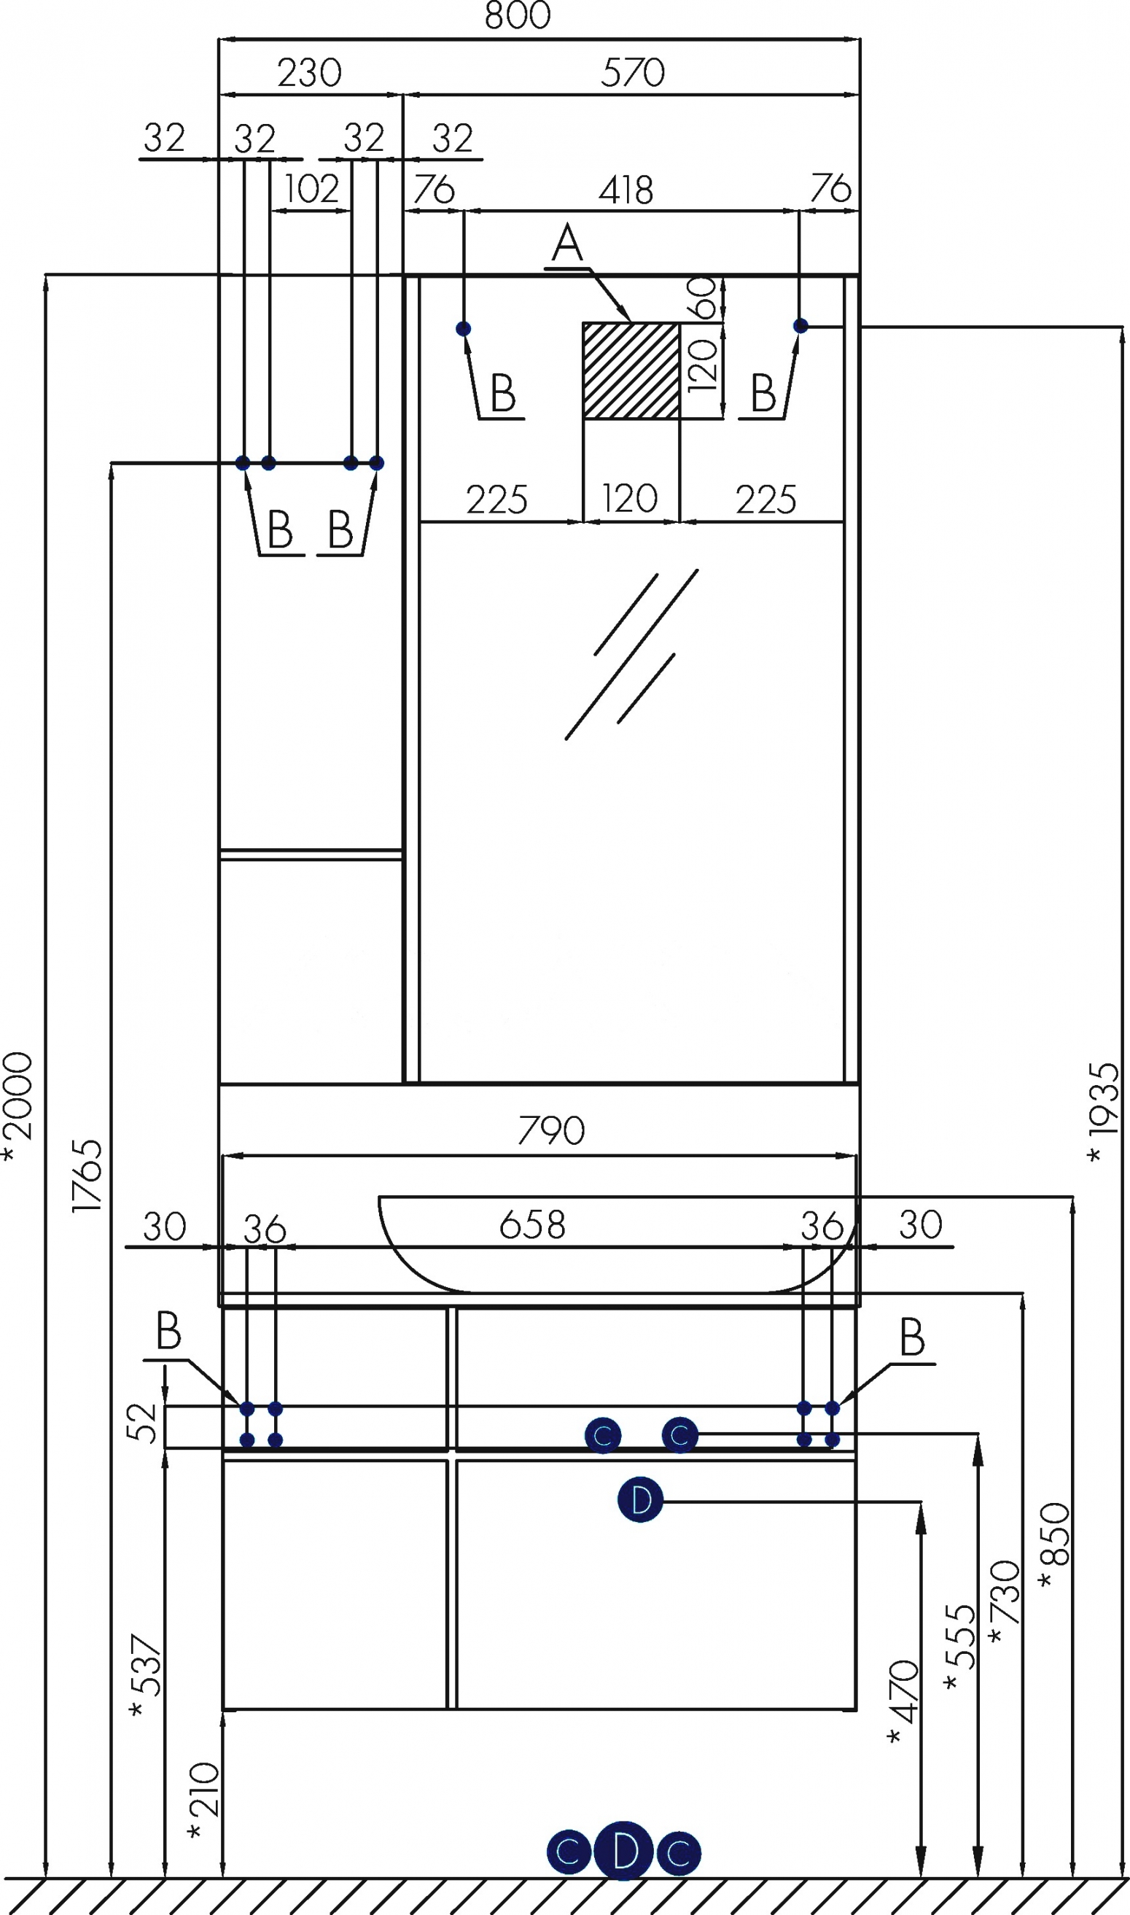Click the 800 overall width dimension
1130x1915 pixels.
518,15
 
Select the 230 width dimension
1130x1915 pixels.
309,73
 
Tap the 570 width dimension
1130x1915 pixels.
633,73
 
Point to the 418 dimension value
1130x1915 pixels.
626,190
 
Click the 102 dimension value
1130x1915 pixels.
311,189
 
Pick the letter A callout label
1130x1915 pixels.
567,244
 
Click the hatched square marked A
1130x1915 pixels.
631,370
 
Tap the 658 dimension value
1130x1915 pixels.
532,1225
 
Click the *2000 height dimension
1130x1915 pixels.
18,1106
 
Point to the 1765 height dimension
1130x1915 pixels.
87,1176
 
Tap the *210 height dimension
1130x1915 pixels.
203,1800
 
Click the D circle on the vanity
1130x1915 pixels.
640,1499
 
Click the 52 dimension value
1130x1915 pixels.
141,1422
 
